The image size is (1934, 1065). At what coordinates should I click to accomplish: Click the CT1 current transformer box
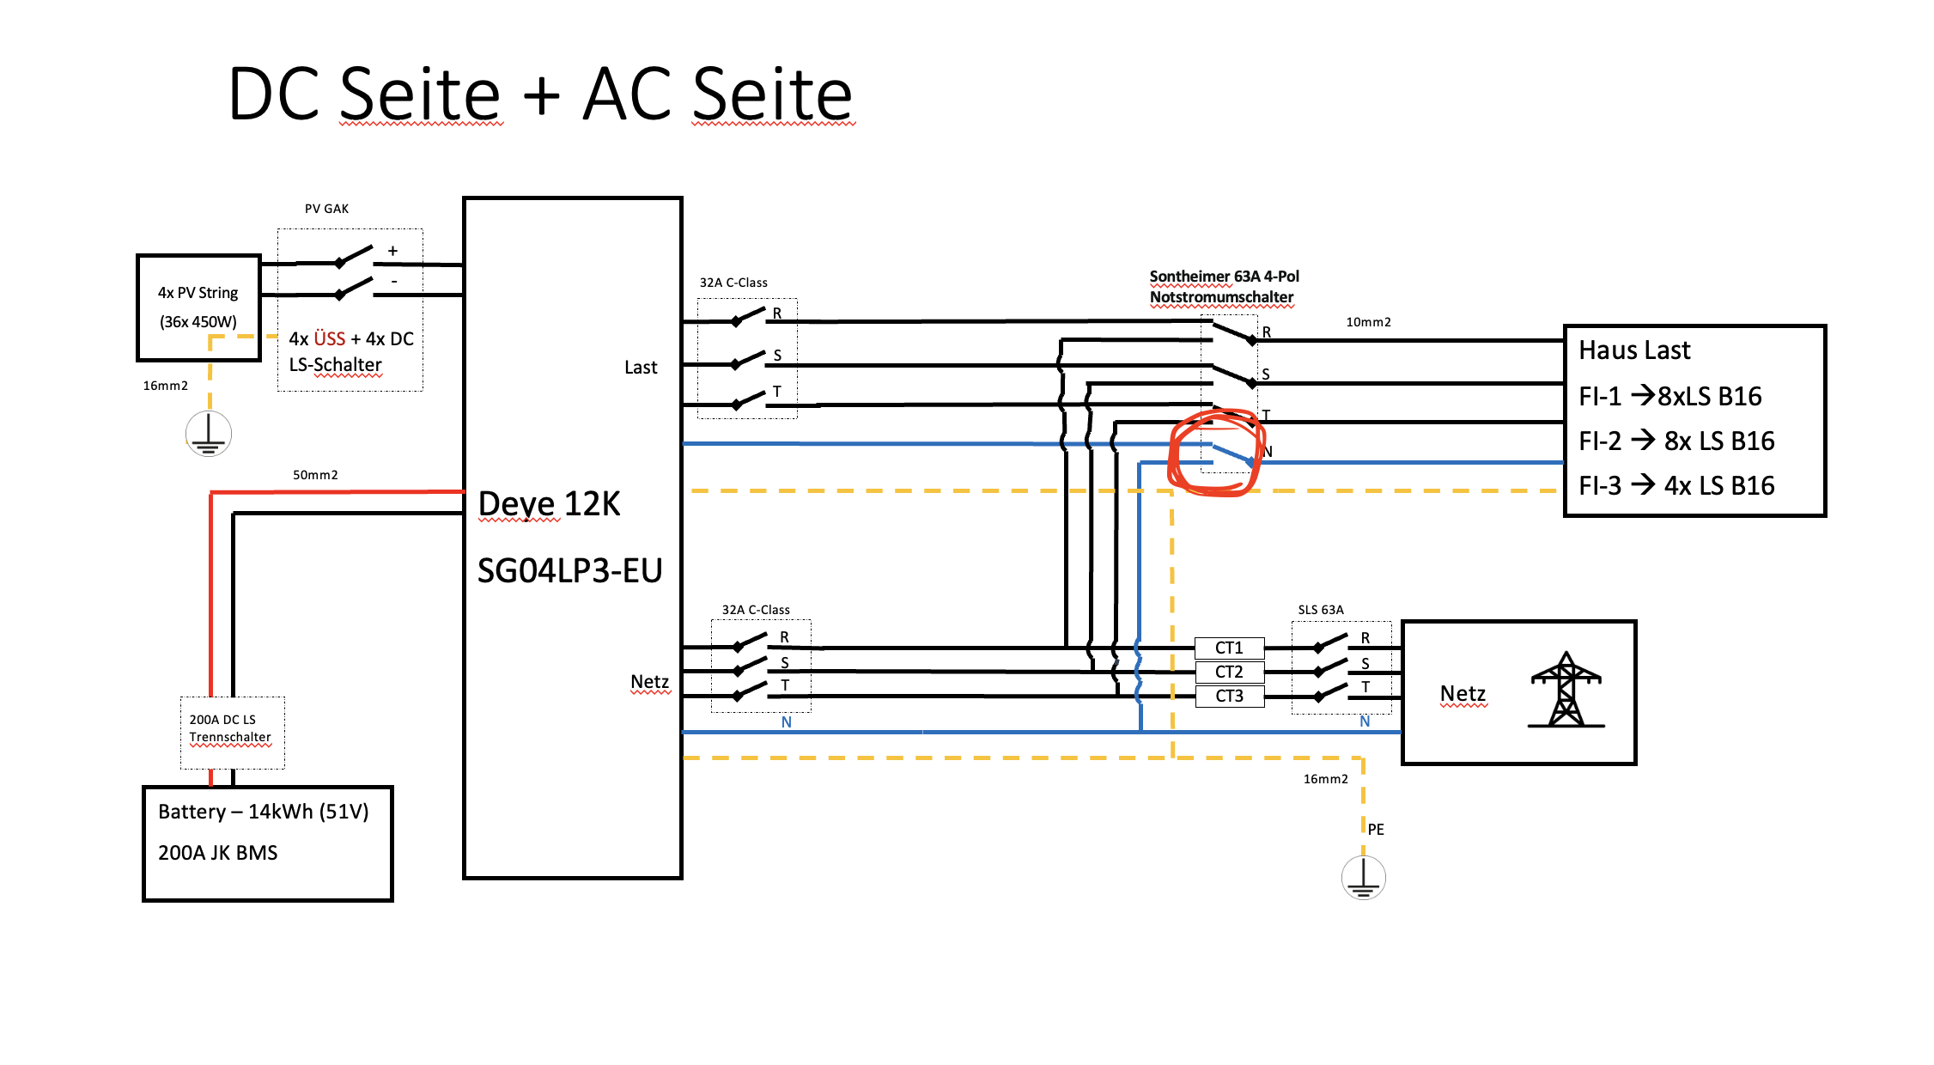coord(1229,648)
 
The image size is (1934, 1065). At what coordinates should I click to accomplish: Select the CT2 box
coord(1229,672)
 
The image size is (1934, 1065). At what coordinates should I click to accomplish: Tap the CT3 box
coord(1229,696)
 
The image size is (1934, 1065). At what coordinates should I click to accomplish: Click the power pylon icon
coord(1566,690)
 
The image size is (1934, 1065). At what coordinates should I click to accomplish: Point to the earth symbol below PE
coord(1363,877)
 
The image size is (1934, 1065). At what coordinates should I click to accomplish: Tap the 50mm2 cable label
coord(315,475)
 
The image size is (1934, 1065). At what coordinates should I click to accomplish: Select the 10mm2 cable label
coord(1368,322)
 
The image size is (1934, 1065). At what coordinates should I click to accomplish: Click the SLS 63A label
coord(1321,610)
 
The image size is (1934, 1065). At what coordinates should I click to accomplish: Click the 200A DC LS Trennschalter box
coord(232,733)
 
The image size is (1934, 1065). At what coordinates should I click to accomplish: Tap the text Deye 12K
coord(549,504)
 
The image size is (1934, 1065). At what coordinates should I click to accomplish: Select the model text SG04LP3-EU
coord(569,570)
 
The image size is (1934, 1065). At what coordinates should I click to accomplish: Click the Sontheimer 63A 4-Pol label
coord(1224,277)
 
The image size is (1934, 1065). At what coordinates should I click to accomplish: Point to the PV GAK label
coord(326,209)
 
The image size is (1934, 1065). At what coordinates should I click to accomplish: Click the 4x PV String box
coord(198,307)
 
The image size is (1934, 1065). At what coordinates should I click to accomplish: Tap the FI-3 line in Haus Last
coord(1676,486)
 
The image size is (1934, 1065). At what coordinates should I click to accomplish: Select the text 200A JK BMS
coord(218,853)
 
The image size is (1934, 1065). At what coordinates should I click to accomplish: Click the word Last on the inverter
coord(641,368)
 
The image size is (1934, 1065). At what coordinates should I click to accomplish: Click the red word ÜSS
coord(330,338)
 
